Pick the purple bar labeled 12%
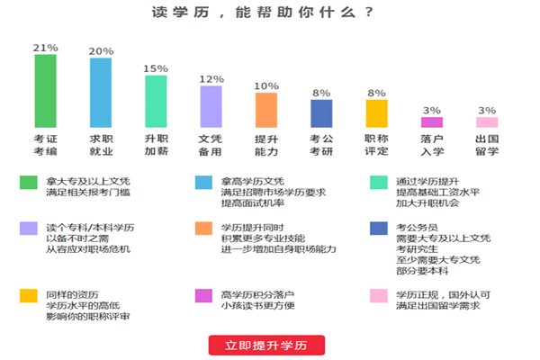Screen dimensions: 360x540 (211, 106)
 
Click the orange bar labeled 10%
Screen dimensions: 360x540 (265, 110)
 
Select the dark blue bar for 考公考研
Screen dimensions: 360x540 (321, 113)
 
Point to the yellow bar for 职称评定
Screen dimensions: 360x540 (376, 113)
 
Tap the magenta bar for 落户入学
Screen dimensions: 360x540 (432, 122)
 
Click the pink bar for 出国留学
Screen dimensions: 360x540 (487, 122)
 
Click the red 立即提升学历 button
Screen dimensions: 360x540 (266, 345)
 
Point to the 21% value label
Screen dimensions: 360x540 (45, 47)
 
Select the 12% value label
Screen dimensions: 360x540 (211, 78)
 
